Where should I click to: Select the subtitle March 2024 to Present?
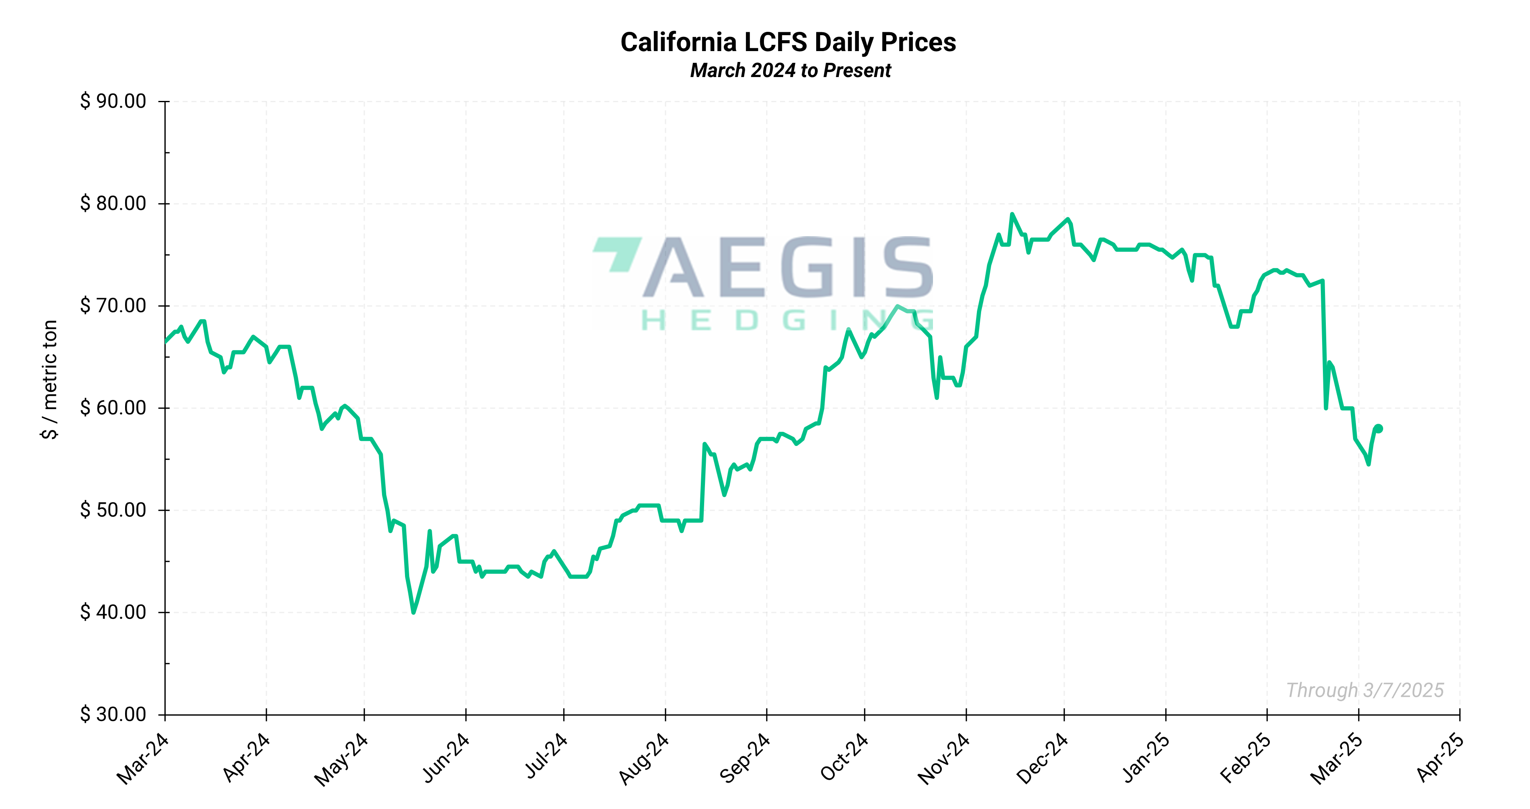click(790, 71)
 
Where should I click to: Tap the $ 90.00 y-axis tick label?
click(113, 101)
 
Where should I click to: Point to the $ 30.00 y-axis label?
click(113, 714)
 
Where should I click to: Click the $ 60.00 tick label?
click(113, 408)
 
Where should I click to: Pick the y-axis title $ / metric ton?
click(50, 379)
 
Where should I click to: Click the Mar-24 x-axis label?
click(143, 759)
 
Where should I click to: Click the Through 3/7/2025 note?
click(1364, 690)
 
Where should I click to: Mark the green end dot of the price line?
click(1379, 428)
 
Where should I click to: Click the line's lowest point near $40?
click(413, 612)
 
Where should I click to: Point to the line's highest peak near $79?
click(1012, 214)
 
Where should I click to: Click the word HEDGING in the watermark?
click(787, 321)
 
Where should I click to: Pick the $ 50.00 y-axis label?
click(113, 510)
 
